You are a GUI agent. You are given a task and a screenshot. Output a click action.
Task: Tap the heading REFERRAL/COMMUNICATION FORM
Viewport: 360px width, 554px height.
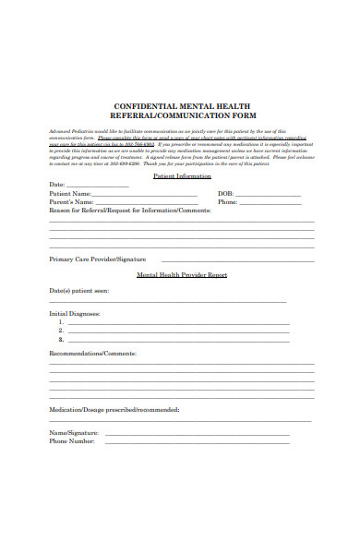180,116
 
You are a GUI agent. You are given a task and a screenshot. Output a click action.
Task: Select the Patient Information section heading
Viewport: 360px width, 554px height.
182,175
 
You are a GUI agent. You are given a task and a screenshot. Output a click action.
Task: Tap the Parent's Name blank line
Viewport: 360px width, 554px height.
148,203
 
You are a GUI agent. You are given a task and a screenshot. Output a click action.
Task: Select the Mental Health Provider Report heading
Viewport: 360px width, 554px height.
182,275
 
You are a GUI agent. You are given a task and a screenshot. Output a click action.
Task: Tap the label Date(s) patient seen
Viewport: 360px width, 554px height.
78,291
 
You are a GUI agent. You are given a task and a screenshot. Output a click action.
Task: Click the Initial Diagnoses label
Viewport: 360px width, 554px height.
75,314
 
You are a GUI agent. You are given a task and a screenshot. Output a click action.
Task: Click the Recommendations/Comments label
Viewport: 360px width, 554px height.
92,354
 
